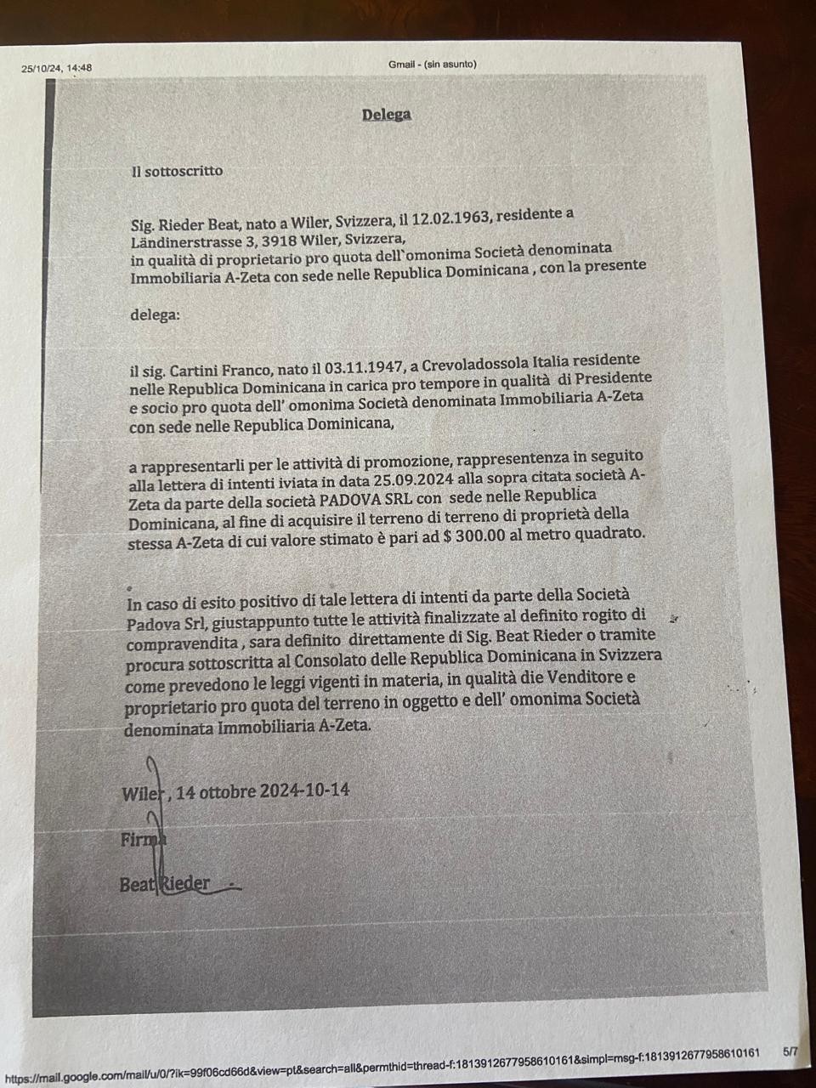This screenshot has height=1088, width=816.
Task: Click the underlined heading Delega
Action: (x=386, y=115)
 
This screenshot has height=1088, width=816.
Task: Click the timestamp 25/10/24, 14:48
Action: (x=57, y=68)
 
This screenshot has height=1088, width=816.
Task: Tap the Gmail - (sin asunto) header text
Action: (x=432, y=65)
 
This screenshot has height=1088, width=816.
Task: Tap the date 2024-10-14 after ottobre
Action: (x=304, y=790)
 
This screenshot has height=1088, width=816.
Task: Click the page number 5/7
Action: (x=790, y=1051)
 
